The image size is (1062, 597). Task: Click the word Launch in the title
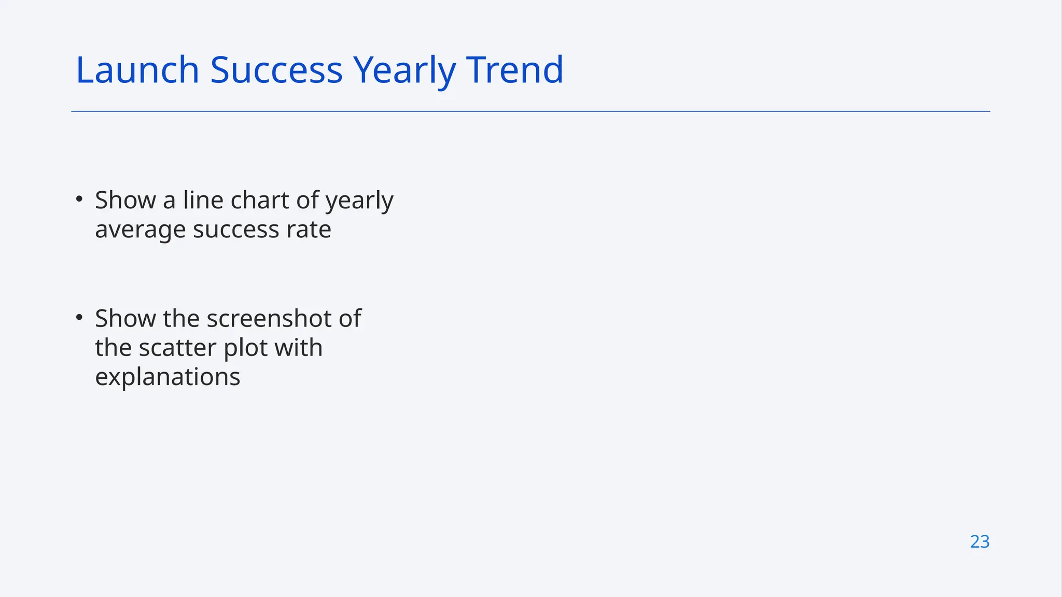pyautogui.click(x=137, y=70)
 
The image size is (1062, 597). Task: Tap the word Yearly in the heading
pyautogui.click(x=404, y=70)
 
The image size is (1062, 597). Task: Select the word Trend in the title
pyautogui.click(x=514, y=70)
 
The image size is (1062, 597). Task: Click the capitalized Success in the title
pyautogui.click(x=276, y=70)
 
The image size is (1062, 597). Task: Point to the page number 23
pyautogui.click(x=980, y=542)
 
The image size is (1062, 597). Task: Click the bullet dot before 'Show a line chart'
pyautogui.click(x=79, y=199)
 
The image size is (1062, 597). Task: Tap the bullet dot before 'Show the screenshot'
pyautogui.click(x=79, y=317)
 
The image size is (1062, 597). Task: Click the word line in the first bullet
pyautogui.click(x=203, y=200)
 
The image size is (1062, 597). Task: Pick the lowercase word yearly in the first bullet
pyautogui.click(x=359, y=201)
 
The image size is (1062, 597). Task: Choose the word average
pyautogui.click(x=140, y=230)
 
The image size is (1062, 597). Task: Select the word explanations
pyautogui.click(x=167, y=377)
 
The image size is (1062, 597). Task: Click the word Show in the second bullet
pyautogui.click(x=125, y=318)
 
